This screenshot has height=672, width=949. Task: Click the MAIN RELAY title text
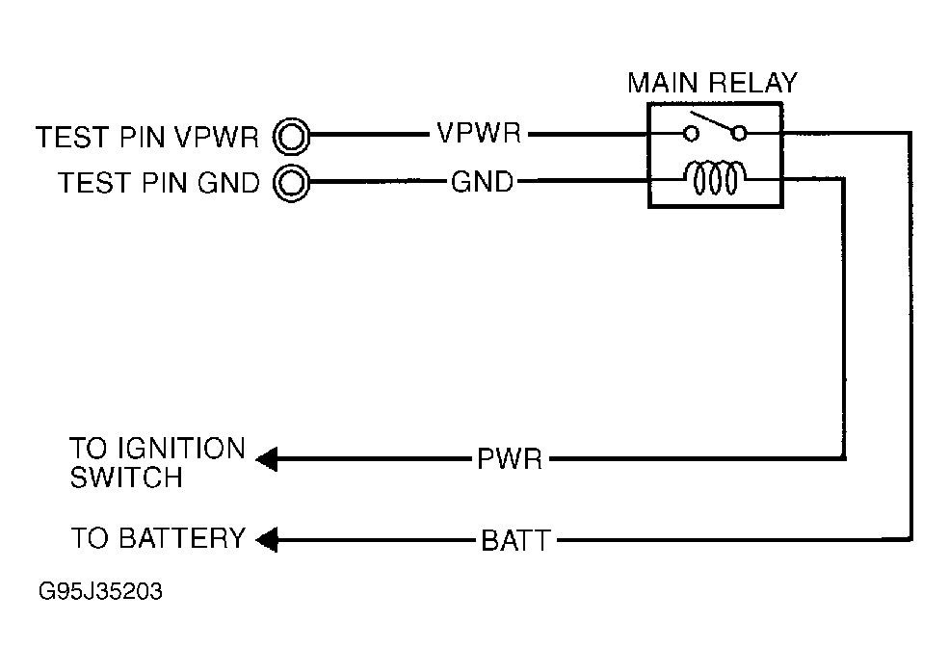[x=712, y=83]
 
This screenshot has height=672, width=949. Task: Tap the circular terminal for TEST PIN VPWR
[x=292, y=136]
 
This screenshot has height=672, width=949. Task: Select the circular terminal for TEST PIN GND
[x=292, y=181]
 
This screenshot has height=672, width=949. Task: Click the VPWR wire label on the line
[x=479, y=134]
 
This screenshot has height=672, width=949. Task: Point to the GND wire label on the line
[x=482, y=180]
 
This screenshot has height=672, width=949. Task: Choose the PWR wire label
[x=510, y=458]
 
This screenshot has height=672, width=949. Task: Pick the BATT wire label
[x=515, y=540]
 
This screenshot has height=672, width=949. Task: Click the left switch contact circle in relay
[x=691, y=134]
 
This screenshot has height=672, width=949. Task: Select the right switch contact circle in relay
[x=738, y=134]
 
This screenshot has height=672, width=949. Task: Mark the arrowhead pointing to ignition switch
[x=267, y=459]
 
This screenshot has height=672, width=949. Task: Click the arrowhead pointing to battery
[x=267, y=540]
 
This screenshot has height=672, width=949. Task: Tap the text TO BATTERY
[x=157, y=538]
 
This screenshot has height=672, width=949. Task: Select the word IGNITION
[x=157, y=449]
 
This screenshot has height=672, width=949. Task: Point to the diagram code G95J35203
[x=100, y=591]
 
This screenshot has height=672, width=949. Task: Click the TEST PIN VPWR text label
[x=148, y=137]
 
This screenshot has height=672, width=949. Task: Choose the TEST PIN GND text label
[x=159, y=182]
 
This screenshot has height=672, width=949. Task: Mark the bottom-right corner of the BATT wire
[x=909, y=539]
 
